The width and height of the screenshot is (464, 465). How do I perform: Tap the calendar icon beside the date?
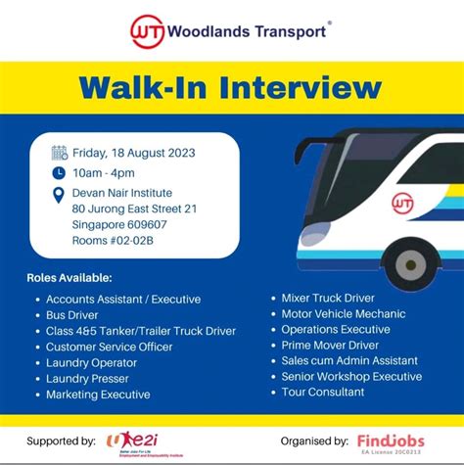(59, 152)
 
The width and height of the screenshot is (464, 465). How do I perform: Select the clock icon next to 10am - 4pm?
(59, 171)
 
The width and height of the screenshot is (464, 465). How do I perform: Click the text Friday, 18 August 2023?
(134, 152)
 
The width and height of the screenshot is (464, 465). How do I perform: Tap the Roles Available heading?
(70, 278)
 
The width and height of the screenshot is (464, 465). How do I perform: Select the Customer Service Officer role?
(109, 347)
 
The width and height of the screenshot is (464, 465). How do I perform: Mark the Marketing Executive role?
(98, 395)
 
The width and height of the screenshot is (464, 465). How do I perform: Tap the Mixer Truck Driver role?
(327, 298)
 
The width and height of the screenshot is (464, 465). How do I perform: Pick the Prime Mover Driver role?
(329, 345)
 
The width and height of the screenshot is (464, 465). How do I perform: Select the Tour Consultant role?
(322, 392)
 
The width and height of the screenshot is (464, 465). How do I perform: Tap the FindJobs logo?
(391, 440)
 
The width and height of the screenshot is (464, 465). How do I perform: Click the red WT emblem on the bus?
(402, 203)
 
